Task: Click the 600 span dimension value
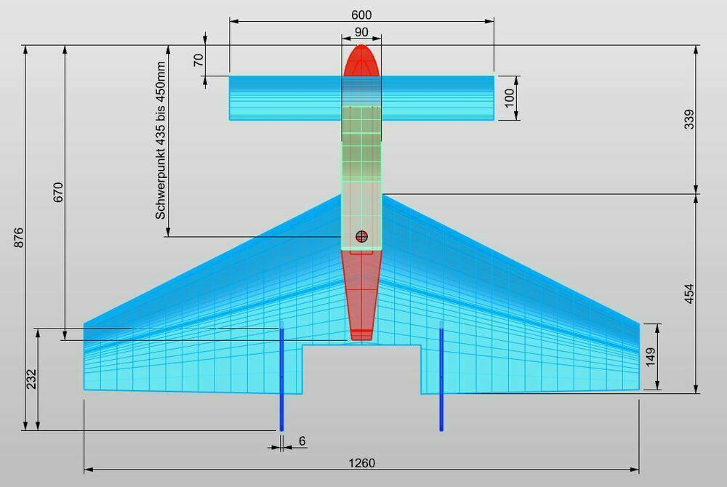coord(361,15)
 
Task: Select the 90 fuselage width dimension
coord(361,32)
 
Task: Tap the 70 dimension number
coord(198,60)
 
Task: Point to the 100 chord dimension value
coord(509,98)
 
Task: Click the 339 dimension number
coord(689,119)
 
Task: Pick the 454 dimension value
coord(689,294)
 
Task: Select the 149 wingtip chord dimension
coord(651,357)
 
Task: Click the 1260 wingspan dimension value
coord(361,462)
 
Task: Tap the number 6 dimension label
coord(302,440)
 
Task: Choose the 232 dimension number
coord(31,379)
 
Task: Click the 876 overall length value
coord(19,237)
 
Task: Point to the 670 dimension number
coord(57,193)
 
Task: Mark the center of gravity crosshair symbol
coord(361,236)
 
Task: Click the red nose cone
coord(361,60)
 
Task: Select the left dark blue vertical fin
coord(281,377)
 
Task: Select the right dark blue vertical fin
coord(441,377)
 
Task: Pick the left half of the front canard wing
coord(286,98)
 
